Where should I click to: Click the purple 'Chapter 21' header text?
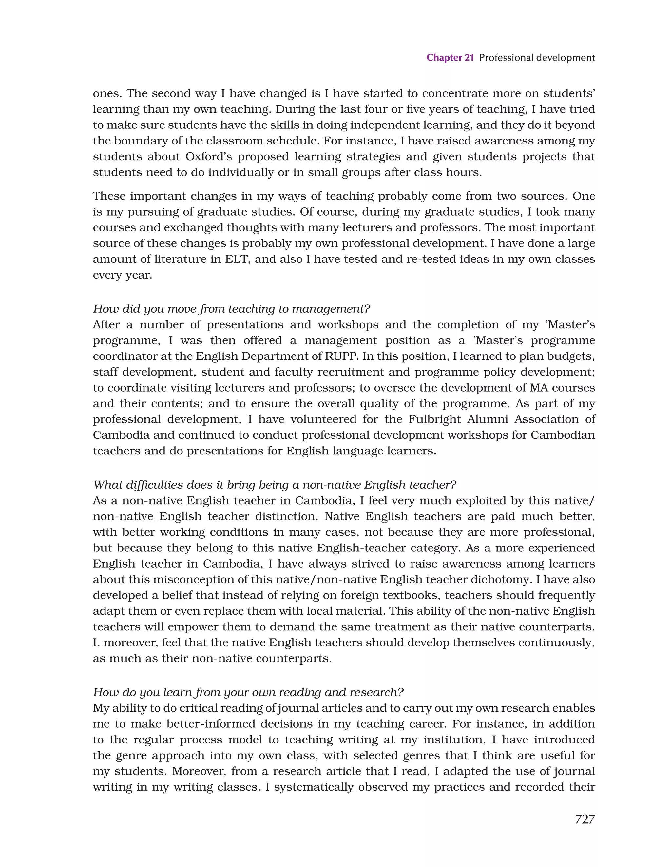(450, 58)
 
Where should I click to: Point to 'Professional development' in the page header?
(537, 58)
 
